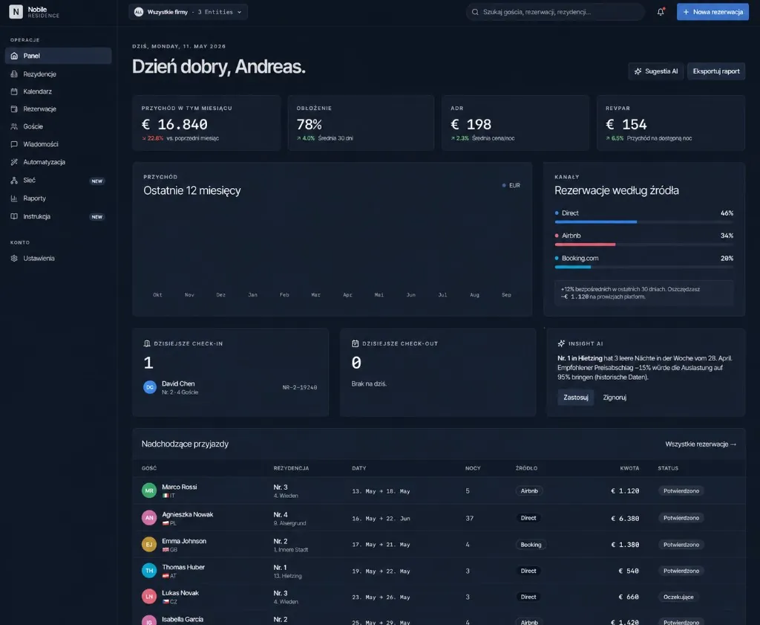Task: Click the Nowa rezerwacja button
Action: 712,12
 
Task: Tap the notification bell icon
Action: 661,12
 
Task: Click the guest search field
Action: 555,12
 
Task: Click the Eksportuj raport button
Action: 716,71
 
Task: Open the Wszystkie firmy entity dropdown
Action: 188,12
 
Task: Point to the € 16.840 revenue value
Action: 174,125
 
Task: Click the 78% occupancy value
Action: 309,125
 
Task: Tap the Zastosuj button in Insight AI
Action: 576,398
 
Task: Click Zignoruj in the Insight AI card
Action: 615,398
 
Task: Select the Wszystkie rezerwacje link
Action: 701,444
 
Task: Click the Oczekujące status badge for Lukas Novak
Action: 678,597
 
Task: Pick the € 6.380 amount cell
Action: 625,518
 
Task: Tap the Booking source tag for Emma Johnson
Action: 531,545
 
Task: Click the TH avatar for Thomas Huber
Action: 149,571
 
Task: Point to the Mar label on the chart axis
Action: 315,294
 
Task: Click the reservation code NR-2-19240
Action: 300,387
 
